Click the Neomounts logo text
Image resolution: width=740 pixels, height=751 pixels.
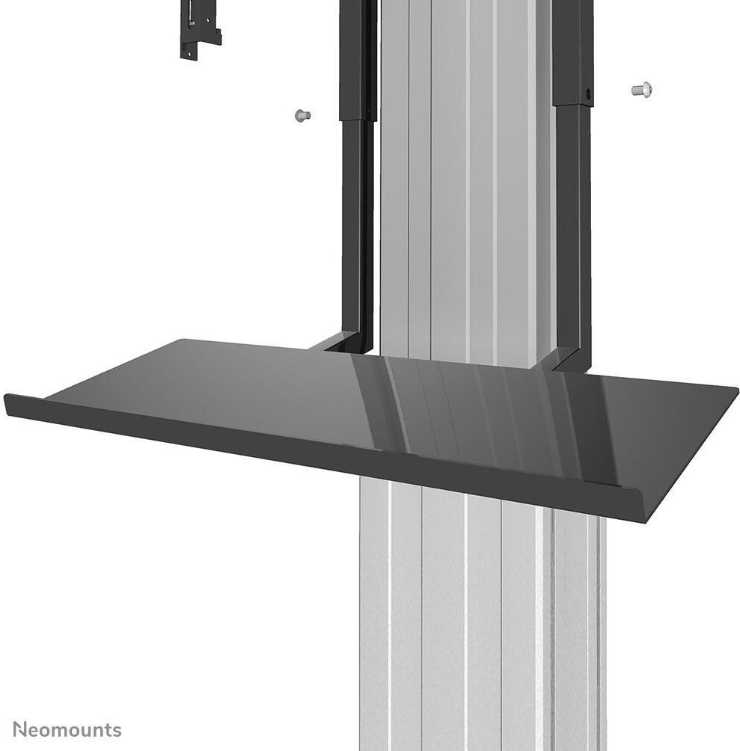click(67, 730)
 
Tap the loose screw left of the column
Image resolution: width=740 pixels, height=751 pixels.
click(303, 115)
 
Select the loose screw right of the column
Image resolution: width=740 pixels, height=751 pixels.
click(641, 90)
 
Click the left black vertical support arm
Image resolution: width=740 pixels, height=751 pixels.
click(357, 177)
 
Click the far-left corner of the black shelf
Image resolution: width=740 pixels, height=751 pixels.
click(4, 395)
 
